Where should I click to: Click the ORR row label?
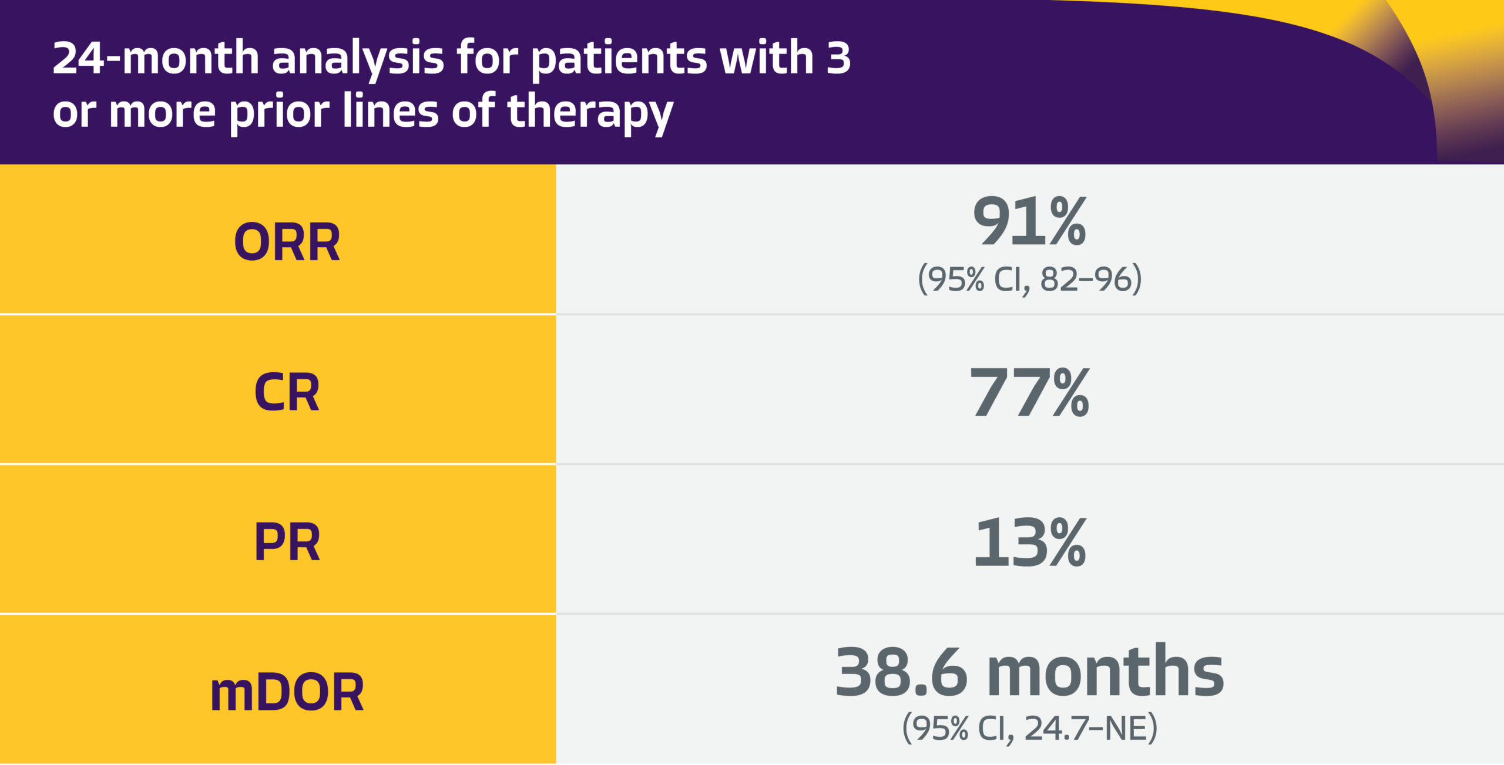click(287, 242)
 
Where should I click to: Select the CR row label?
click(287, 392)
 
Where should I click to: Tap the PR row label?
click(287, 542)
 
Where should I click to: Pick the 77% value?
click(1029, 392)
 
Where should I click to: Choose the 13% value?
click(1029, 542)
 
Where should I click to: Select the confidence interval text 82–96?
click(1086, 279)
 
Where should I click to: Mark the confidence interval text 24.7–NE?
click(1086, 728)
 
